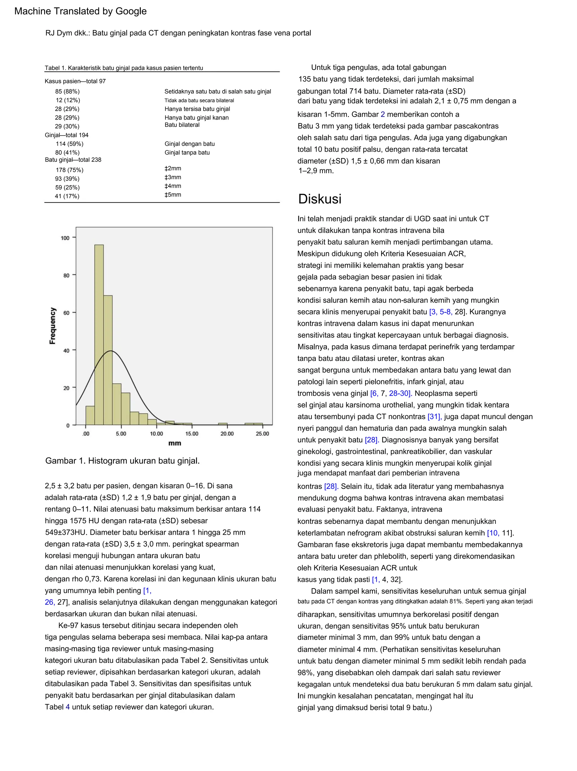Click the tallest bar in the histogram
(x=99, y=335)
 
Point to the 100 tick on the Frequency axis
(x=65, y=238)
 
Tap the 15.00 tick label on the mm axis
(x=192, y=434)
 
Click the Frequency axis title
(x=53, y=326)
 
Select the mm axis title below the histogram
(x=175, y=443)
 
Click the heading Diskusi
(x=319, y=199)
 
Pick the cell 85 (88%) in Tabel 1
(x=67, y=92)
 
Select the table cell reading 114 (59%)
(x=69, y=144)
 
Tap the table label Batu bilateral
(x=182, y=125)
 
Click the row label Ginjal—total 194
(x=66, y=135)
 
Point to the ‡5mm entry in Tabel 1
(x=173, y=195)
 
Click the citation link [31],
(x=434, y=417)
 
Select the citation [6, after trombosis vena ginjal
(x=374, y=394)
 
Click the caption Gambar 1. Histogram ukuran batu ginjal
(x=122, y=461)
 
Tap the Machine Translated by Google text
(x=81, y=11)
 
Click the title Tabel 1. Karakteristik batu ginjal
(x=124, y=68)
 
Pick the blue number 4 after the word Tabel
(x=68, y=707)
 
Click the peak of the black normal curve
(x=110, y=351)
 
